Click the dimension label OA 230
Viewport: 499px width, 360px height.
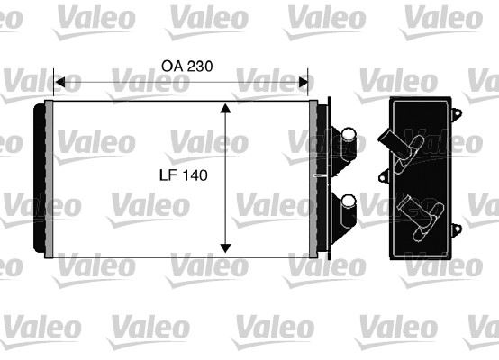click(186, 66)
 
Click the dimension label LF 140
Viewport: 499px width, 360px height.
click(184, 175)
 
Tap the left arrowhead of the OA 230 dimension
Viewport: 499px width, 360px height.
click(59, 82)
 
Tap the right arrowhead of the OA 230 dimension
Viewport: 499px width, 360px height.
click(304, 82)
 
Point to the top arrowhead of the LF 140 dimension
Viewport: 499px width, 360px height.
click(225, 108)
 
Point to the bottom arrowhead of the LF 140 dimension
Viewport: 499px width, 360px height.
click(225, 248)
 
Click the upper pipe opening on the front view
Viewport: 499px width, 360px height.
click(348, 133)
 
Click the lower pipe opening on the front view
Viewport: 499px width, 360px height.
click(348, 202)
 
